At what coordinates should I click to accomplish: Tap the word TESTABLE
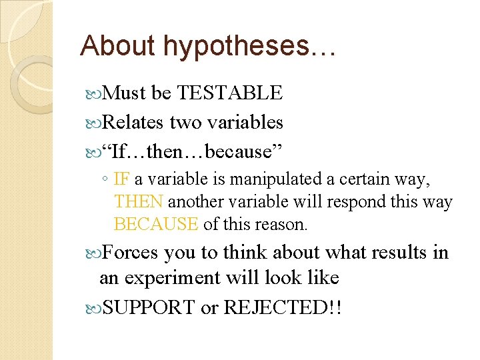230,93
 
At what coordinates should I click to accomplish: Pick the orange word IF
122,179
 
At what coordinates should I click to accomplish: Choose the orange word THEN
139,201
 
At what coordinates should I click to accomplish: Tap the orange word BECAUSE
156,224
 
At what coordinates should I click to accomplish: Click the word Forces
131,253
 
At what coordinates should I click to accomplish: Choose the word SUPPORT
149,308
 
